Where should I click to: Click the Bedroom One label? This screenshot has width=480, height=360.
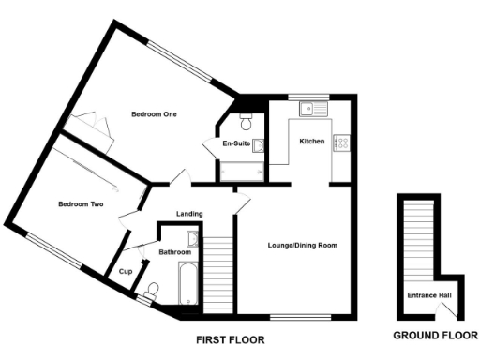point(154,114)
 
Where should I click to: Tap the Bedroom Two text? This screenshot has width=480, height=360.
point(80,203)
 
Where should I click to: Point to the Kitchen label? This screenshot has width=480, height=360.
point(311,141)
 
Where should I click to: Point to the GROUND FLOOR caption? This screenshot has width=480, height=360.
point(432,335)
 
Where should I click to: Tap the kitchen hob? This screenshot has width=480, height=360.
point(343,142)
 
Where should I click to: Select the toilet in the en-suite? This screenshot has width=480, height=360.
point(246,123)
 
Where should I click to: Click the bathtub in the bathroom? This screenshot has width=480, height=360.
point(185,286)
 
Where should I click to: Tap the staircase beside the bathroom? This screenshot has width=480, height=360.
point(218,267)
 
